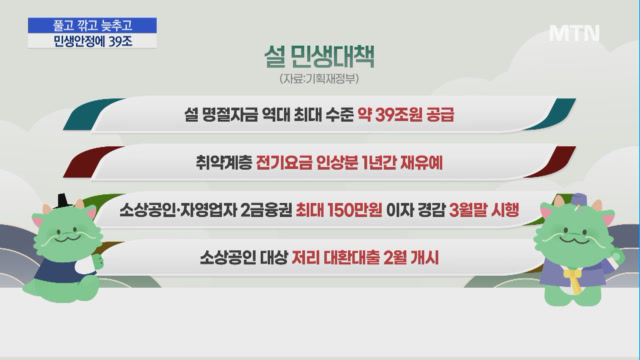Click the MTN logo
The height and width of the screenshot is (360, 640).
coord(574,33)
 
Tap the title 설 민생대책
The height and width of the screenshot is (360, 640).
coord(319,56)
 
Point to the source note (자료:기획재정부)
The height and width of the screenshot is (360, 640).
coord(319,78)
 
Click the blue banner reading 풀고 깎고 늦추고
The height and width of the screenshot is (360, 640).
coord(92,25)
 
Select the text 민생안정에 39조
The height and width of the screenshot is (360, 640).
coord(93,41)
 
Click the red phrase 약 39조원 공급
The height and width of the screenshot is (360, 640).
coord(406,115)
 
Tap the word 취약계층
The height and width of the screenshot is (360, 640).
coord(224,163)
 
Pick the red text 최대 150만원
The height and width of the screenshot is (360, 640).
coord(339,210)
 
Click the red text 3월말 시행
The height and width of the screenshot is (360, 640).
coord(484,210)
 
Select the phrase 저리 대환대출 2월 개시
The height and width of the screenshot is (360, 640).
coord(365,258)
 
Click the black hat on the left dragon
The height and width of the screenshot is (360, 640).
coord(64,201)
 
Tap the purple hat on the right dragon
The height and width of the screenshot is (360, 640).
coord(579,200)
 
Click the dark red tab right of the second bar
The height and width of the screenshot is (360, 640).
coord(551,162)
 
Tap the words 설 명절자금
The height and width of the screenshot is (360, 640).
coord(221,115)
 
